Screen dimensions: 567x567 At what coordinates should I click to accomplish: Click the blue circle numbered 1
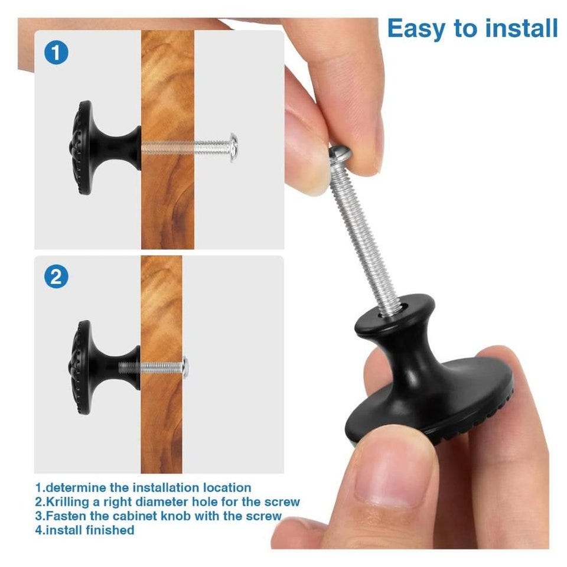tap(56, 53)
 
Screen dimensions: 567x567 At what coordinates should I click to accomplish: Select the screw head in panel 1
tap(234, 148)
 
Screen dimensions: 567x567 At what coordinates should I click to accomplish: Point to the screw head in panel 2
tap(185, 367)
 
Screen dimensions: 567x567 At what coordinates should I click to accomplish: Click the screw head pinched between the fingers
tap(340, 153)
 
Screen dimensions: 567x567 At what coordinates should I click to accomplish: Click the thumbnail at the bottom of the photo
tap(390, 484)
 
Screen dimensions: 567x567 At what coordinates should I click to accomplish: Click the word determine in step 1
tap(76, 487)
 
